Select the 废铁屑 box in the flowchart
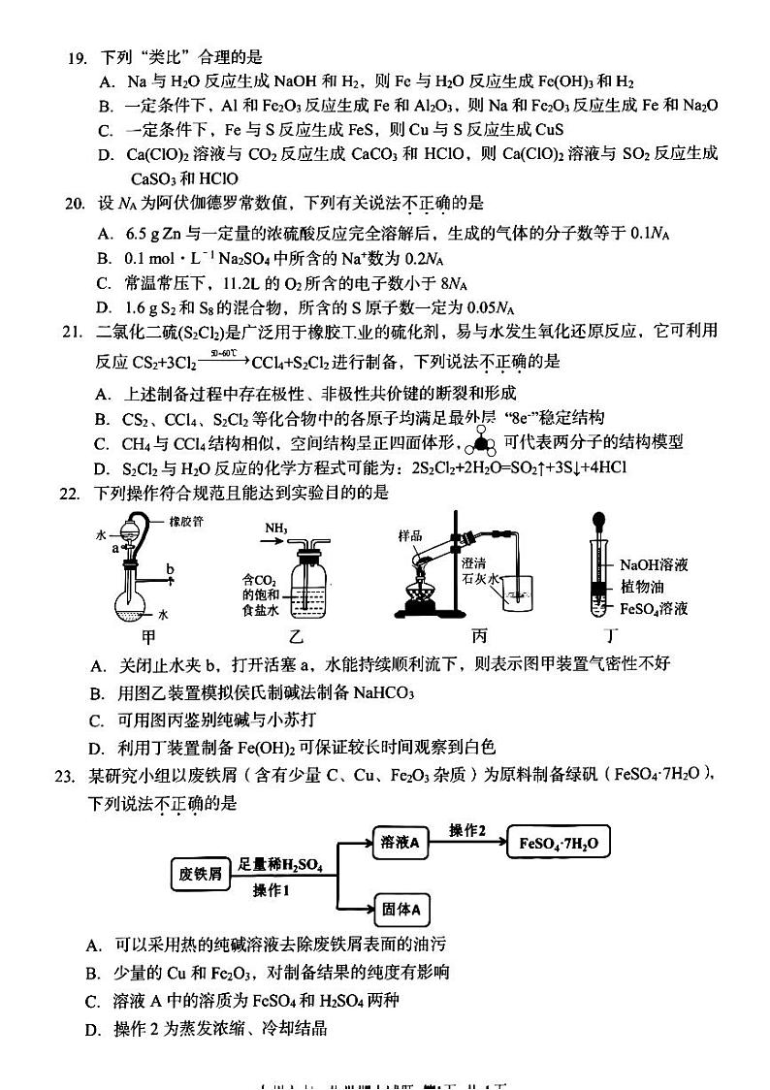coord(199,874)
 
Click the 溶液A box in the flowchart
coord(400,844)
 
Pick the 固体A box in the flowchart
coord(400,910)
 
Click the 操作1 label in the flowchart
coord(272,891)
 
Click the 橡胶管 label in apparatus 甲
coord(184,522)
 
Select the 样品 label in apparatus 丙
coord(409,536)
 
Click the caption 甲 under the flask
coord(147,637)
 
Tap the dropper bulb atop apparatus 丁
coord(599,520)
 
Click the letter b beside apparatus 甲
coord(171,567)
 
